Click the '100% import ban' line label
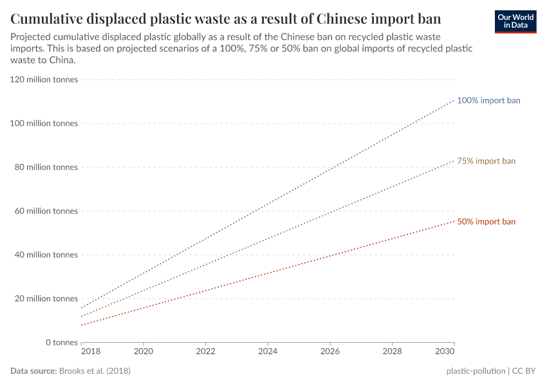coord(488,100)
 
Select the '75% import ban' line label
coord(486,161)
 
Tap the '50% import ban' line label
coord(486,221)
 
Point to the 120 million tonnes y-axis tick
coord(44,80)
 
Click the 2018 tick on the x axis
coord(90,353)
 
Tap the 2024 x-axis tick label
coord(268,353)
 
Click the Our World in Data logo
coord(515,21)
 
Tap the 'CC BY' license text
coord(524,371)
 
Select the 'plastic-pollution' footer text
coord(476,371)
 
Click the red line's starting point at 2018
coord(82,325)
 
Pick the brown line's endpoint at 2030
coord(454,160)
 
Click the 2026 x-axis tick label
coord(329,353)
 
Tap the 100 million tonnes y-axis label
coord(44,124)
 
